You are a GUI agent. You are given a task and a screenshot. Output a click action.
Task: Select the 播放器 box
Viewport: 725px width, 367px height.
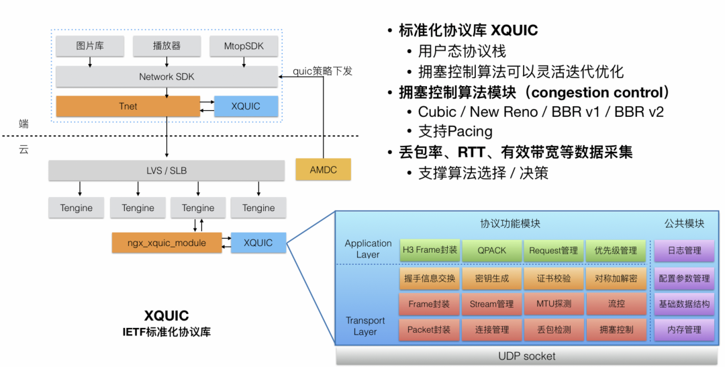(x=166, y=46)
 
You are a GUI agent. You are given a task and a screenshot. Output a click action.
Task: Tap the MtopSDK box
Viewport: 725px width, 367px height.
(x=243, y=46)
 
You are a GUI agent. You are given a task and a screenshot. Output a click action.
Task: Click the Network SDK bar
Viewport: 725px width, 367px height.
(x=166, y=77)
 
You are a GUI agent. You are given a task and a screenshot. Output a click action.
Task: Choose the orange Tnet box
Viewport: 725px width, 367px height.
(x=128, y=106)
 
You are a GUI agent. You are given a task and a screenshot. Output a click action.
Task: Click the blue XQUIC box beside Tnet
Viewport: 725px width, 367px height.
(x=246, y=106)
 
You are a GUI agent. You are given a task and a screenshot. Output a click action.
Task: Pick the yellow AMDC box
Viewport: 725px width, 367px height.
(x=323, y=169)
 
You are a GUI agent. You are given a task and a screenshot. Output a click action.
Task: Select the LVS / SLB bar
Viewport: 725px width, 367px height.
(x=166, y=170)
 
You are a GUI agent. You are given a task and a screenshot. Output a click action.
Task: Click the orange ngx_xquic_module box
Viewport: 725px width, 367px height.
(x=166, y=243)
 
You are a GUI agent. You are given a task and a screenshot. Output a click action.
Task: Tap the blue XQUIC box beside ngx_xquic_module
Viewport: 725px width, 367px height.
(x=258, y=243)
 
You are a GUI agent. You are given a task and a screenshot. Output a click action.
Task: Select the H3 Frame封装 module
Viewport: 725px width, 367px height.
(x=430, y=251)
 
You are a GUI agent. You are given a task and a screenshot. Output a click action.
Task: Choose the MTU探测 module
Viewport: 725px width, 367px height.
(x=553, y=304)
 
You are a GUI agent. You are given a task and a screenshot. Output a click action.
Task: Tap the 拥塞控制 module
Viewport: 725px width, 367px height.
(x=616, y=330)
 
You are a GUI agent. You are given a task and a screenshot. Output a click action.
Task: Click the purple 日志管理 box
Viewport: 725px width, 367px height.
(x=684, y=251)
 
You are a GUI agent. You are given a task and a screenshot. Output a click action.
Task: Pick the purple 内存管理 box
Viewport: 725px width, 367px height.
(x=684, y=330)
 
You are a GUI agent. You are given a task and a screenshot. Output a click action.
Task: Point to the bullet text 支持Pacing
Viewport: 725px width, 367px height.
(x=454, y=131)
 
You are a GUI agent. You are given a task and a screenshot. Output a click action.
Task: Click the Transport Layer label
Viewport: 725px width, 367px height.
(x=365, y=326)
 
